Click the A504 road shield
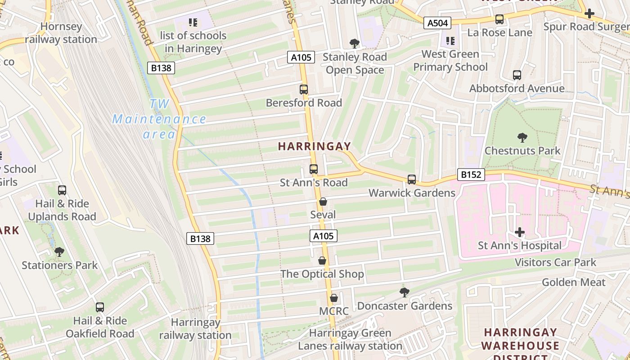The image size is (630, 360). tap(437, 22)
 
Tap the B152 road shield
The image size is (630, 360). tap(471, 174)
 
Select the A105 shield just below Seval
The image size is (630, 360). tap(323, 236)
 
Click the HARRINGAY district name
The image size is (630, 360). tap(314, 146)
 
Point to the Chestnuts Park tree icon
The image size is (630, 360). tap(522, 137)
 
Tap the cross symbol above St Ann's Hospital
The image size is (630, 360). tap(520, 232)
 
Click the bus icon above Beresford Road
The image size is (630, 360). tap(304, 90)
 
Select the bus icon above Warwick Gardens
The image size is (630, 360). tap(411, 180)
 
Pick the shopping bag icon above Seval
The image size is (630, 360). tap(323, 202)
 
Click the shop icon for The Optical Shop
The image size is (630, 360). tap(322, 261)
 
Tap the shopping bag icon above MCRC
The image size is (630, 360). tap(333, 298)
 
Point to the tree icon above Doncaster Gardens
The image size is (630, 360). tap(405, 292)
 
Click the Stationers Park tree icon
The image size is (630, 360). tap(59, 252)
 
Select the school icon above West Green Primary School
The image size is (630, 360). tap(450, 41)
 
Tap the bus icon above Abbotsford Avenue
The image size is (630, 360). tap(517, 75)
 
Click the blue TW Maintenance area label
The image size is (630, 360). tap(159, 119)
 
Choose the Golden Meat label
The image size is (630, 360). tap(573, 282)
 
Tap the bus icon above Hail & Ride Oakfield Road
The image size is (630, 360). tap(100, 307)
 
